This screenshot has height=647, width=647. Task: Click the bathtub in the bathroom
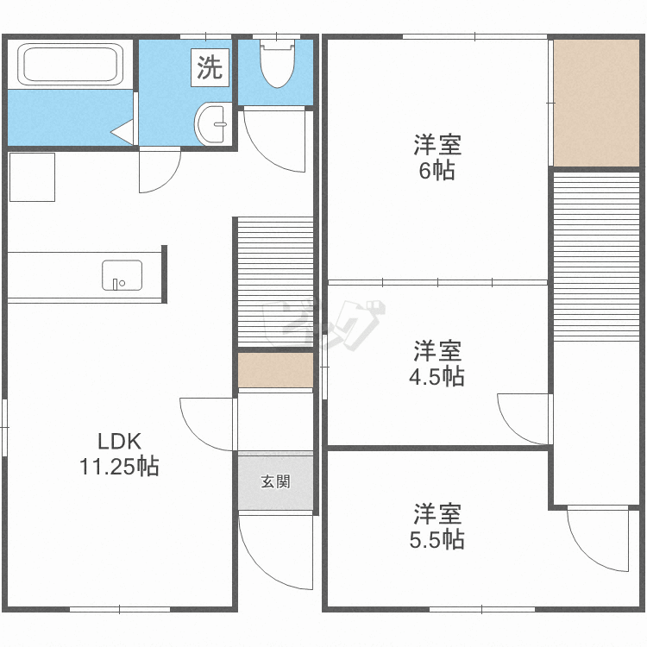coord(70,65)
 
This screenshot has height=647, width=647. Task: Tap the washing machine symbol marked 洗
coord(210,67)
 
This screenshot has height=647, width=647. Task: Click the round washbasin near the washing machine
coord(210,123)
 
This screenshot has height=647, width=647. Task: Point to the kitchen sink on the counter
coord(122,275)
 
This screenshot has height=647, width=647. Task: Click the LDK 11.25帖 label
coord(119,454)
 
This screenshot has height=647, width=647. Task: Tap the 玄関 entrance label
coord(276,481)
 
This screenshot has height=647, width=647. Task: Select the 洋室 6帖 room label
coord(437,157)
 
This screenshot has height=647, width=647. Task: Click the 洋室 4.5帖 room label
coord(437,363)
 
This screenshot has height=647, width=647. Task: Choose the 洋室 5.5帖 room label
coord(437,526)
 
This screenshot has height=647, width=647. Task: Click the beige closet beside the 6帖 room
coord(596,104)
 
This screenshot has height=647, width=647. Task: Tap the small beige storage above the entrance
coord(276,370)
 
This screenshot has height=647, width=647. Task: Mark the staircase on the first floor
coord(276,282)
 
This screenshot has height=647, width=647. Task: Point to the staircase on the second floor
coord(596,257)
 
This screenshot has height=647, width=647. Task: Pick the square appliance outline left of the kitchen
coord(32,177)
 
